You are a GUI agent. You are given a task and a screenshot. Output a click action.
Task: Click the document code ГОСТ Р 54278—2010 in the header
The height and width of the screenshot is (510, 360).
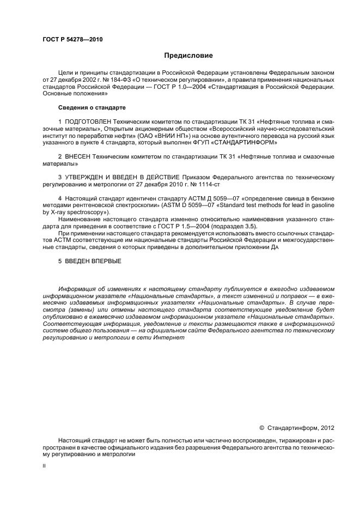(x=72, y=40)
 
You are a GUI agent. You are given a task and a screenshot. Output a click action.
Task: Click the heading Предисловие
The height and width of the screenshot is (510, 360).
(x=188, y=56)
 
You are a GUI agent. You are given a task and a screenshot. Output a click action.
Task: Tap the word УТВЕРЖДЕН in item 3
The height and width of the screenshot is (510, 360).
(x=85, y=178)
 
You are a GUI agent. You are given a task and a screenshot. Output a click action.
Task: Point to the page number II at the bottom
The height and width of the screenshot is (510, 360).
(x=45, y=466)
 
